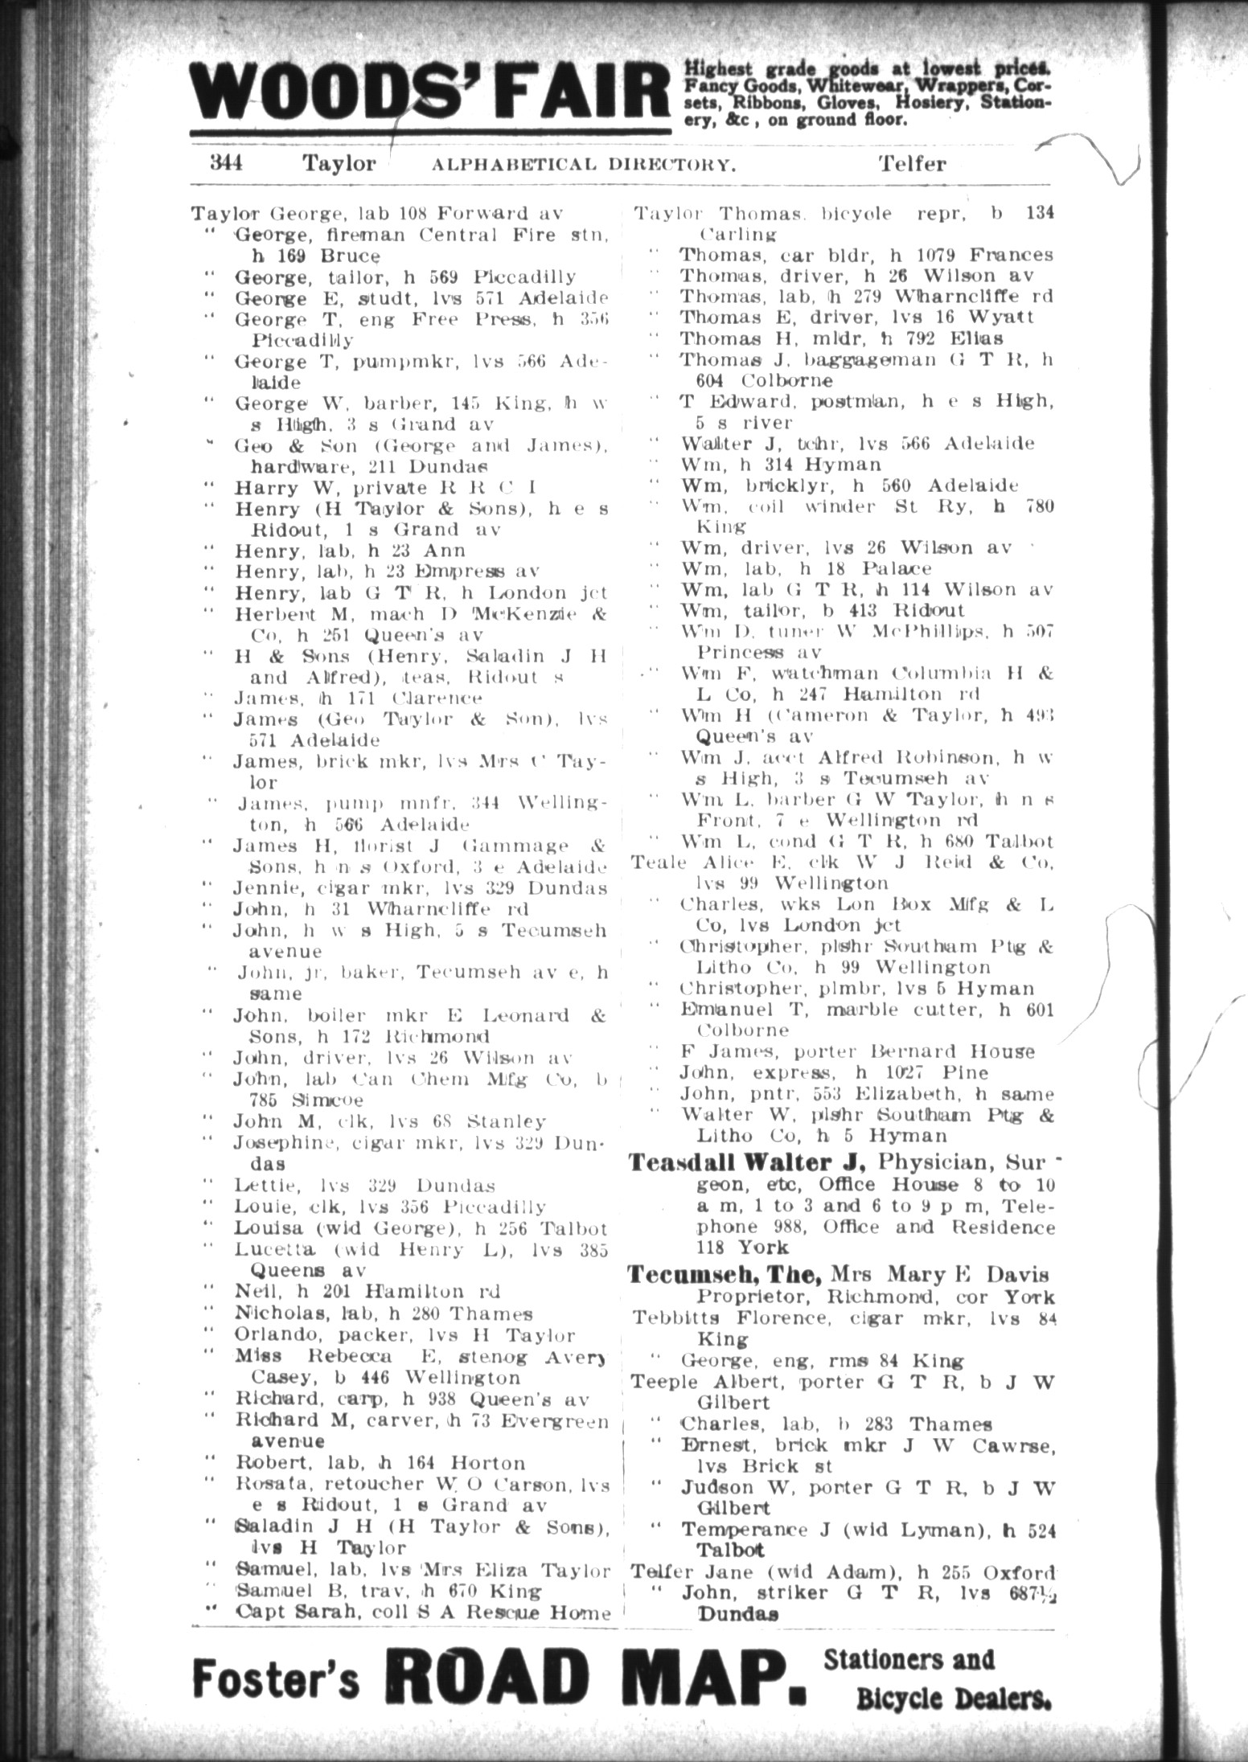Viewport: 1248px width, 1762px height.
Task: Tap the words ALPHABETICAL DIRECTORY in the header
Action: click(x=584, y=165)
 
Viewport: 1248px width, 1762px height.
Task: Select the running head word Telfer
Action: click(x=912, y=164)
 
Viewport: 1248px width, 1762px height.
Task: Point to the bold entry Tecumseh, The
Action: click(x=724, y=1274)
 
